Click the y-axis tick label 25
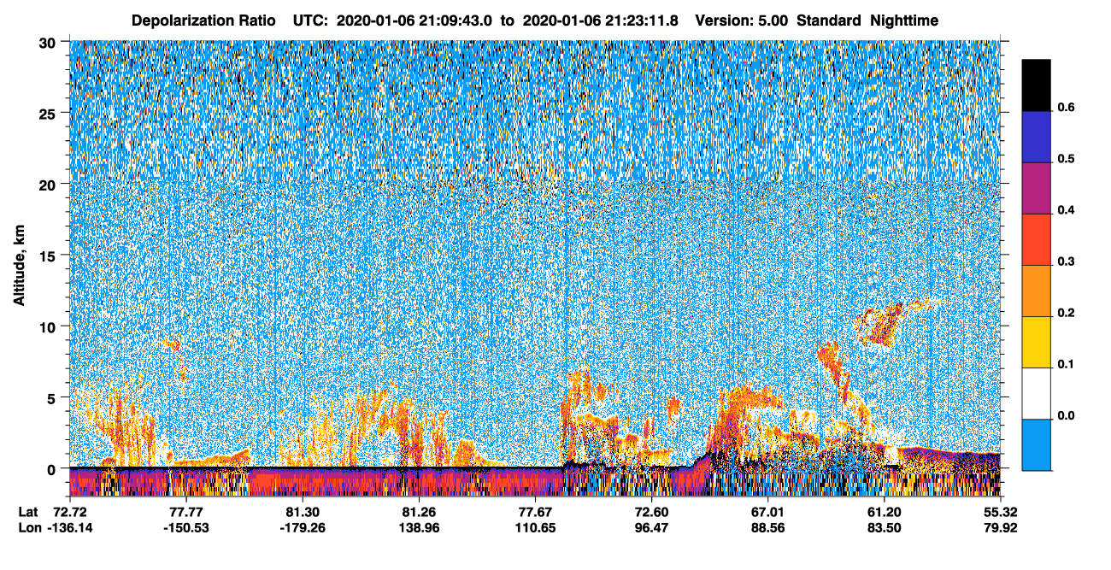47,115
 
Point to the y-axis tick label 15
47,256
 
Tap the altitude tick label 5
51,399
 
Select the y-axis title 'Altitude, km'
19,266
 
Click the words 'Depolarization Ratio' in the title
203,21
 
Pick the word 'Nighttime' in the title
904,21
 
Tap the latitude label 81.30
303,512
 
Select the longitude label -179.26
303,528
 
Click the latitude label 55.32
1001,512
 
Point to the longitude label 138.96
419,528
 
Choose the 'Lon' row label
30,528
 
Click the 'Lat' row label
28,512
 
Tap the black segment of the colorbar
1036,85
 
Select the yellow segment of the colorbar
1036,343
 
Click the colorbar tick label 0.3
1066,261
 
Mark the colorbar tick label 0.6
1066,107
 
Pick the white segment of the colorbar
1036,394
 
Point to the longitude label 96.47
652,528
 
